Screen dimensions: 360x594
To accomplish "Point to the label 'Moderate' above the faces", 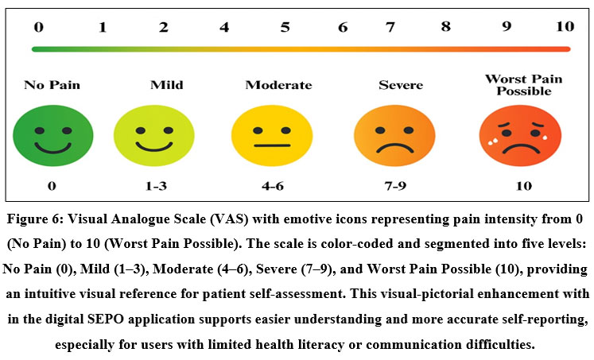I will click(278, 85).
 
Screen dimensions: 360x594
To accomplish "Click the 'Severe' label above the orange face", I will click(401, 85).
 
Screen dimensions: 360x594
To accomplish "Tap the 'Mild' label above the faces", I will click(166, 85).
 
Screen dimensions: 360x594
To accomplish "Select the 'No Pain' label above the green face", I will click(52, 85).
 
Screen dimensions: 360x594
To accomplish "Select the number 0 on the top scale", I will click(39, 27).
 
